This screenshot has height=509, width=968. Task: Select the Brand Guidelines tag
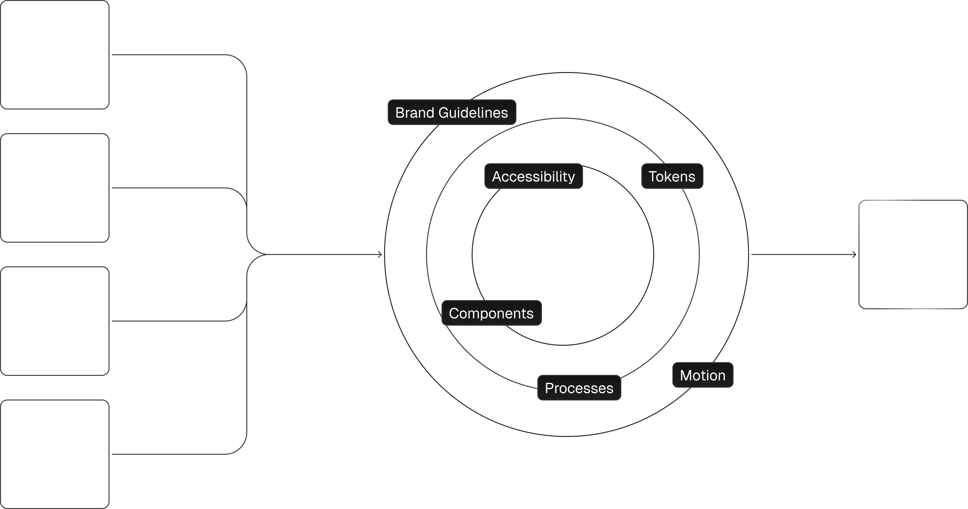click(452, 112)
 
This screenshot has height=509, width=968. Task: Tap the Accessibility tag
click(533, 176)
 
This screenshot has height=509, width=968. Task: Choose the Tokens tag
click(672, 176)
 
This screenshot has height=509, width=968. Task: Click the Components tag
click(491, 313)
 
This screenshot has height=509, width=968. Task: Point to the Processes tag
click(579, 388)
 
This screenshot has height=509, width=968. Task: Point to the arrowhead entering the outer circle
click(380, 255)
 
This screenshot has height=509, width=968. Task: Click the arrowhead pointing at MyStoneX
click(854, 255)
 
